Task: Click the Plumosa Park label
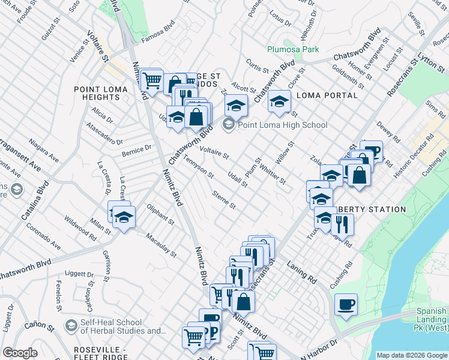293,49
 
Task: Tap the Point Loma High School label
282,125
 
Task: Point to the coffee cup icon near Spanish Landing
346,304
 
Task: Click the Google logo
20,353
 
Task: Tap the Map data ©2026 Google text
411,355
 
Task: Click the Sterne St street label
224,200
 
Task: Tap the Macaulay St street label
161,245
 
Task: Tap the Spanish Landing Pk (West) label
432,315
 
